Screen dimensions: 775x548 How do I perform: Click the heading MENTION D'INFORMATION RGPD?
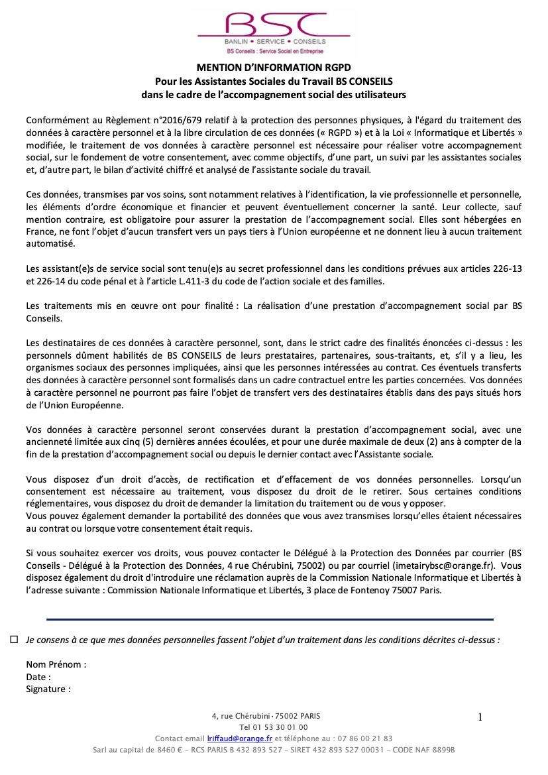pos(274,68)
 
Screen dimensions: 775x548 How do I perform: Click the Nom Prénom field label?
pos(56,664)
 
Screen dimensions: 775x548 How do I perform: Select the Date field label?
pos(38,677)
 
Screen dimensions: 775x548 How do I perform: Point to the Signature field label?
pos(48,689)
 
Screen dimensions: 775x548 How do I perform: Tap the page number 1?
pos(480,717)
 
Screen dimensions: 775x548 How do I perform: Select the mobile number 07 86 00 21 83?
pos(364,739)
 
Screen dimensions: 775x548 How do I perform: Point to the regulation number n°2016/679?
pos(149,120)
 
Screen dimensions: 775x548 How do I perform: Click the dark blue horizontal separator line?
pos(270,619)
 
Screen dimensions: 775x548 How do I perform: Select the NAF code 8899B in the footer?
pos(441,750)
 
